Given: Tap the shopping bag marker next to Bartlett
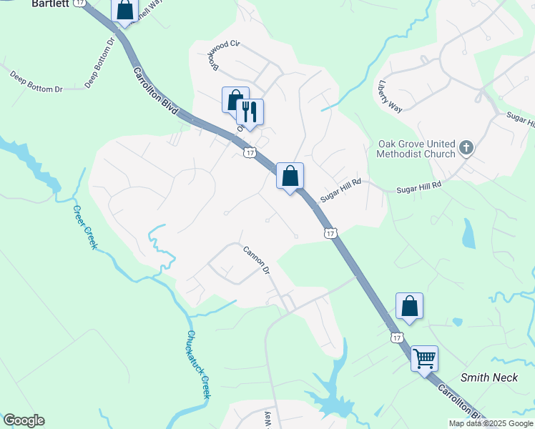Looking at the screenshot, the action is (x=125, y=10).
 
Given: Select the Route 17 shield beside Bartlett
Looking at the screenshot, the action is (x=80, y=3).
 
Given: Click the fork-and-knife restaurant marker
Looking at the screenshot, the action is (x=250, y=112).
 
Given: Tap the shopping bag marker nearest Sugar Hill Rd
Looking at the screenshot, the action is (x=290, y=176).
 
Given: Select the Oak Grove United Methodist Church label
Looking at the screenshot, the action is (x=416, y=149).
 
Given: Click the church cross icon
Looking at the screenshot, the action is (x=466, y=149).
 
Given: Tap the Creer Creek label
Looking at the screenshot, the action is (x=84, y=227).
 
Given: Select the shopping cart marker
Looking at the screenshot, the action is (x=424, y=357).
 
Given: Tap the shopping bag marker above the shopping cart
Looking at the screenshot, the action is (x=409, y=305).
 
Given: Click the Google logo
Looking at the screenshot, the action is (x=24, y=420).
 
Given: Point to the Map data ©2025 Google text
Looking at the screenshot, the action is (x=490, y=423).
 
